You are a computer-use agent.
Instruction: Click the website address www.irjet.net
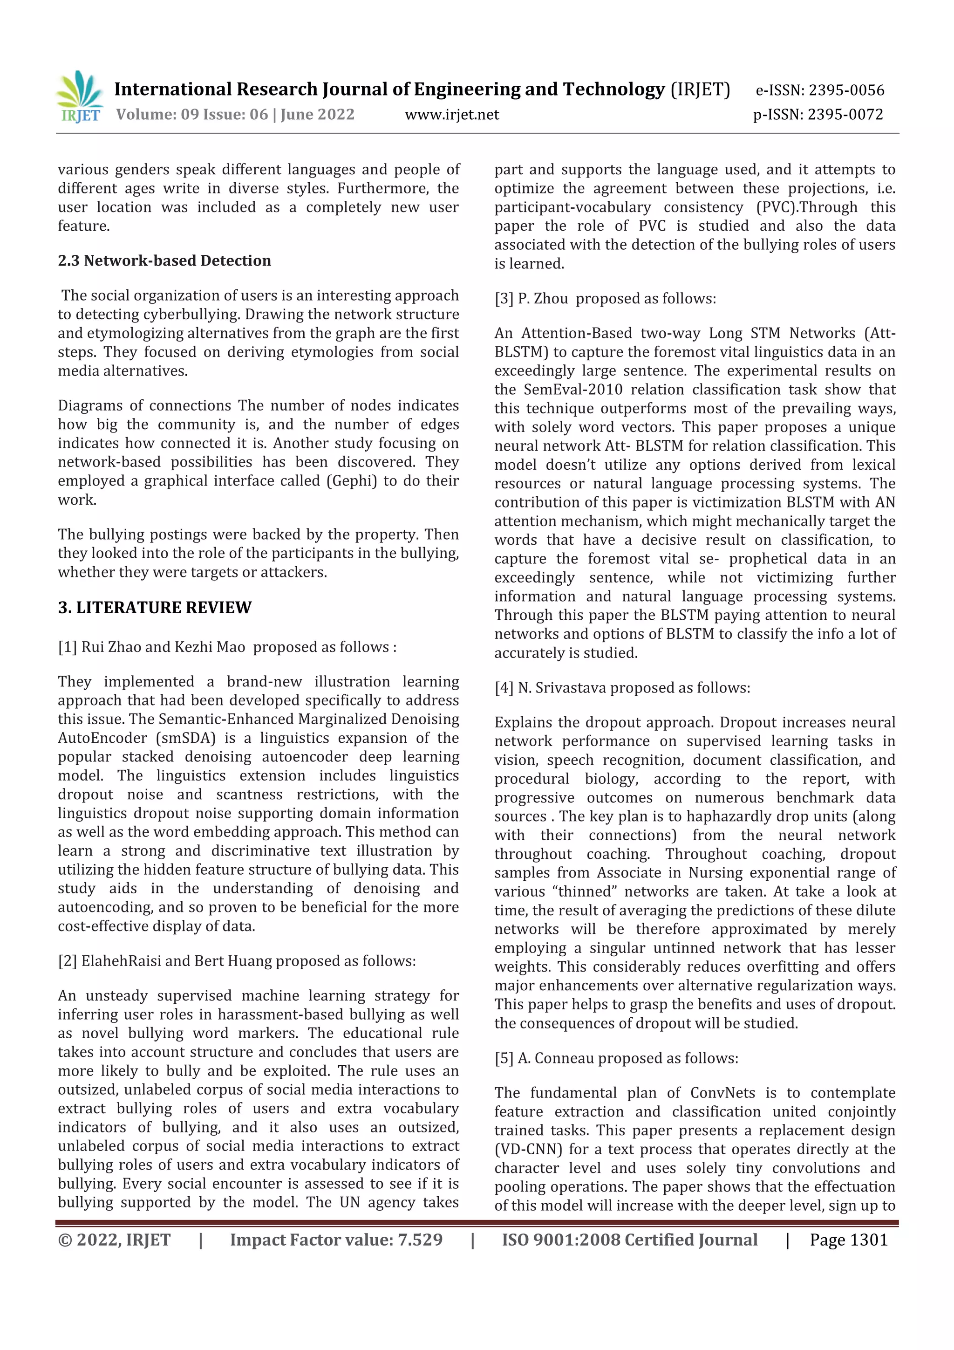tap(451, 115)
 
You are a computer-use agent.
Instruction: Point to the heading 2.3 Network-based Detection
tap(164, 260)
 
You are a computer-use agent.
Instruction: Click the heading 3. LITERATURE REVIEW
tap(155, 607)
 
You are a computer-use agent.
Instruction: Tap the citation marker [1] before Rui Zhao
tap(67, 647)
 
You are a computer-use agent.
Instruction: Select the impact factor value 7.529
tap(420, 1240)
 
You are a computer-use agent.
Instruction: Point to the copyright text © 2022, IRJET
tap(114, 1240)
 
